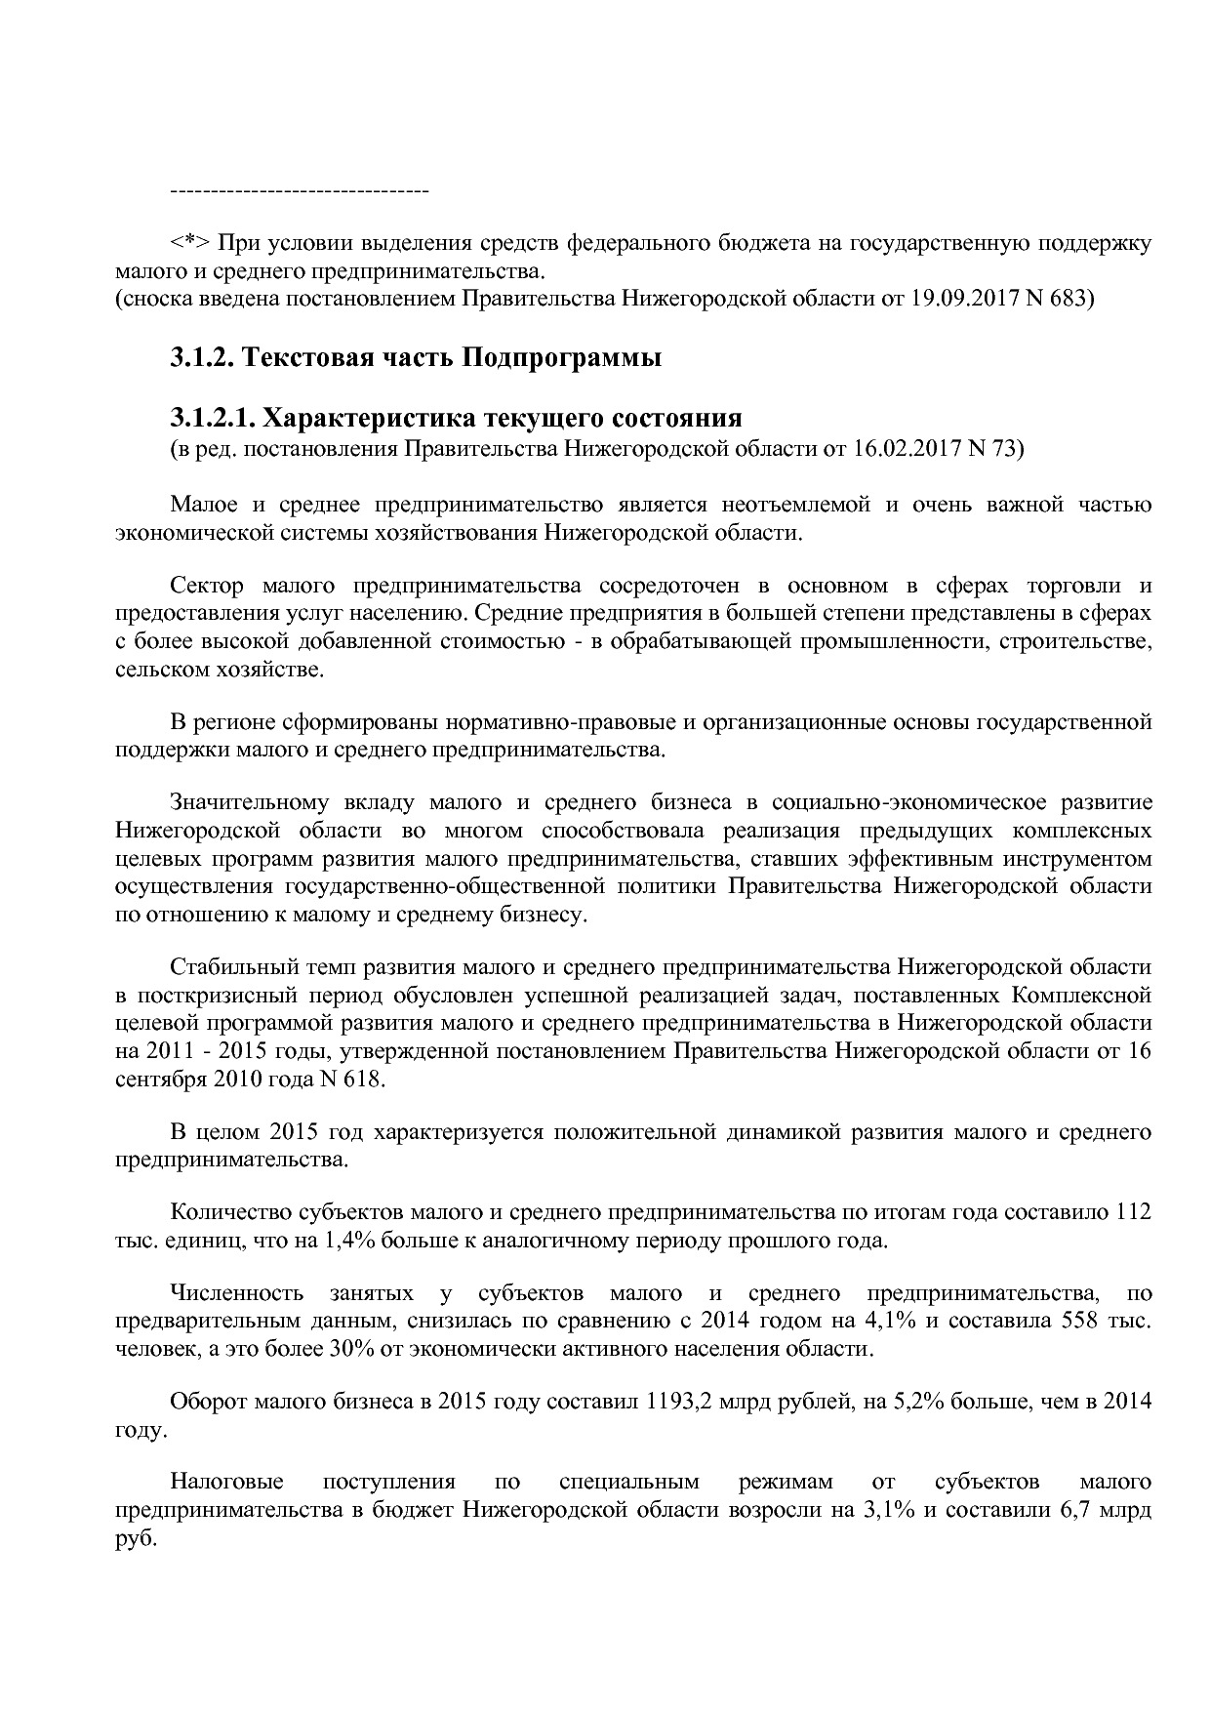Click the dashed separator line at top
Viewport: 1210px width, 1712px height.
pyautogui.click(x=300, y=188)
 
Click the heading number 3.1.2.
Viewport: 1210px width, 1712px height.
pyautogui.click(x=200, y=358)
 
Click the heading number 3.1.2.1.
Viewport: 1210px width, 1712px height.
pyautogui.click(x=212, y=419)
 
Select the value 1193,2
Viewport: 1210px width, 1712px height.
pyautogui.click(x=677, y=1403)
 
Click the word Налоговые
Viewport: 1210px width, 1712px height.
pyautogui.click(x=226, y=1482)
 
